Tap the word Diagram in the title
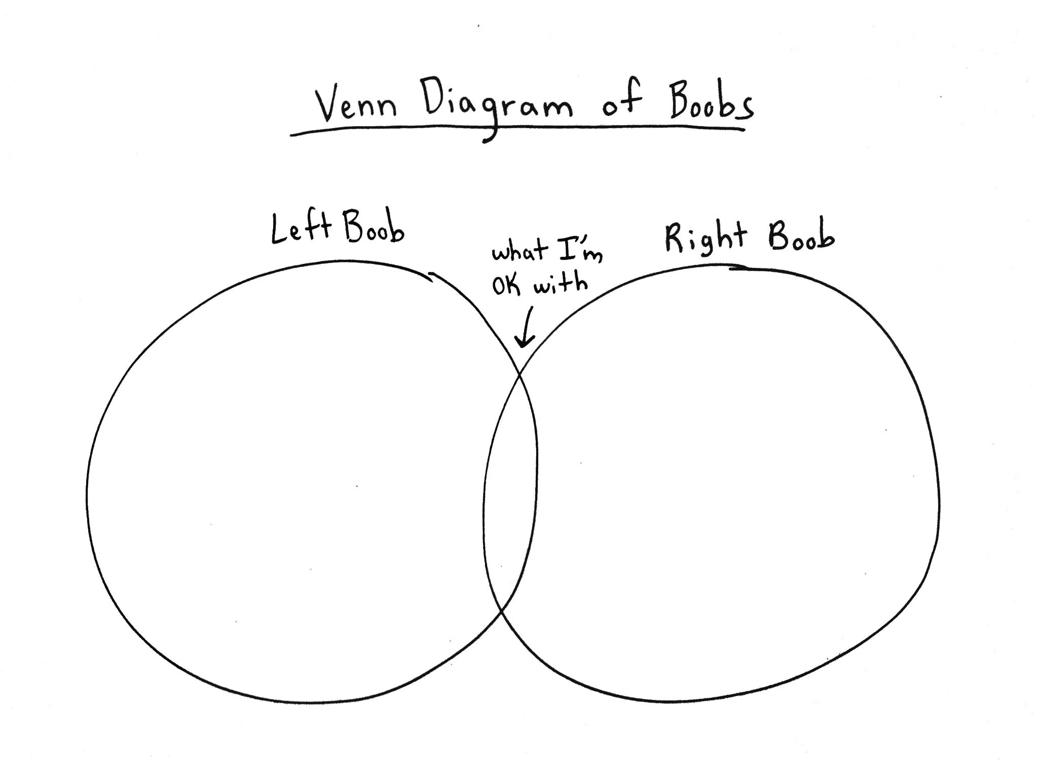(498, 109)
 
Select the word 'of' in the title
(621, 104)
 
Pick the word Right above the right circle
(705, 237)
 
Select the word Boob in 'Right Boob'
(801, 236)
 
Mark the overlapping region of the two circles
(510, 486)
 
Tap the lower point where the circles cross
(501, 612)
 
